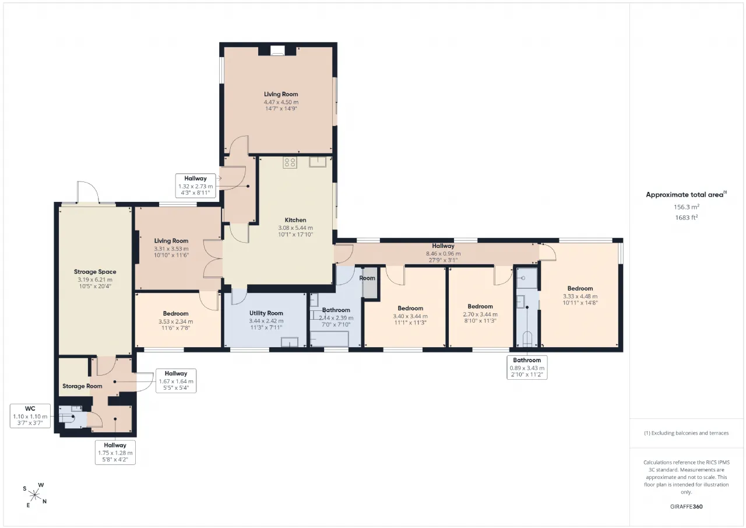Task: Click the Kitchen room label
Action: click(x=295, y=220)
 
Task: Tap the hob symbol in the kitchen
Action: click(x=290, y=163)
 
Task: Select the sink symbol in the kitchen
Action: click(x=318, y=162)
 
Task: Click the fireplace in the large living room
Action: click(x=277, y=51)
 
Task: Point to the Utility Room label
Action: click(x=266, y=313)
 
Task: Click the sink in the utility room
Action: click(x=290, y=342)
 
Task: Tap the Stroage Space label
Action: click(x=95, y=272)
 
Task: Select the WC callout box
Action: click(x=30, y=415)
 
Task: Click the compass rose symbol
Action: click(x=34, y=495)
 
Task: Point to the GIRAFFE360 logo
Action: click(x=686, y=506)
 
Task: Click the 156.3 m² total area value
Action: click(x=687, y=207)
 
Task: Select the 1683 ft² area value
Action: click(x=687, y=218)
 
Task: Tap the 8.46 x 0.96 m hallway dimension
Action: click(x=444, y=254)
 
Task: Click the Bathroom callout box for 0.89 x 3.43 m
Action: click(x=527, y=368)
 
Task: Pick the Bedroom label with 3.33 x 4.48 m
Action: click(x=580, y=288)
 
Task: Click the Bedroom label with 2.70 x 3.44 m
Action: click(x=480, y=306)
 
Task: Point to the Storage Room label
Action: click(x=82, y=386)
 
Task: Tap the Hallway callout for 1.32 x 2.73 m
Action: click(x=195, y=186)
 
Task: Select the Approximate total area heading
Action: click(x=687, y=195)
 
